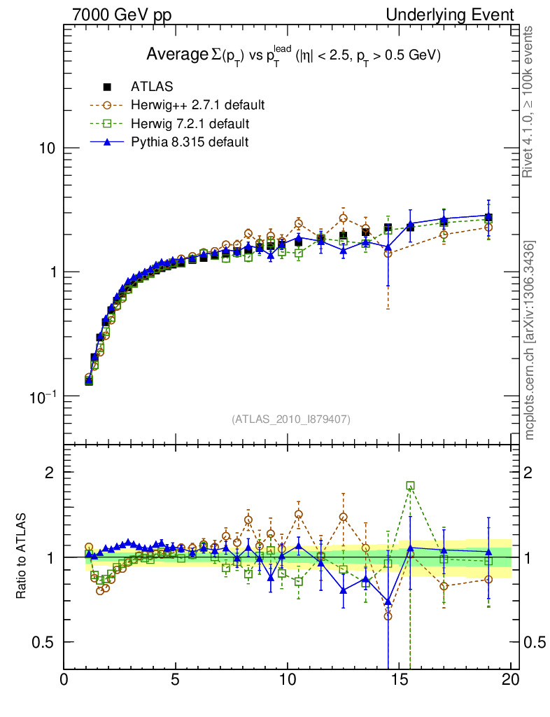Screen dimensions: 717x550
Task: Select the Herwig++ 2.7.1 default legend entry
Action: click(x=197, y=106)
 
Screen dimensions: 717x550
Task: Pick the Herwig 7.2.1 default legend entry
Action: click(x=190, y=124)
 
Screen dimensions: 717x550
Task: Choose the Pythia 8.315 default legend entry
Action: click(x=189, y=142)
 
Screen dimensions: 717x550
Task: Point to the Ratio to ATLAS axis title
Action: click(x=21, y=557)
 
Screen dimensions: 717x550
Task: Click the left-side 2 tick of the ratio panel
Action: click(x=50, y=472)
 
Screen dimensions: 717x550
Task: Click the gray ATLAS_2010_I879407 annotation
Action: click(x=291, y=419)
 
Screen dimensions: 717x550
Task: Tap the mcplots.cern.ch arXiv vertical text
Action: click(x=530, y=340)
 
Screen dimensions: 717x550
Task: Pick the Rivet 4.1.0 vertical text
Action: click(x=530, y=102)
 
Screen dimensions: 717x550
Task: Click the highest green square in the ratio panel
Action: click(x=410, y=485)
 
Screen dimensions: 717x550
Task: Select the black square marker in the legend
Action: click(x=107, y=87)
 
